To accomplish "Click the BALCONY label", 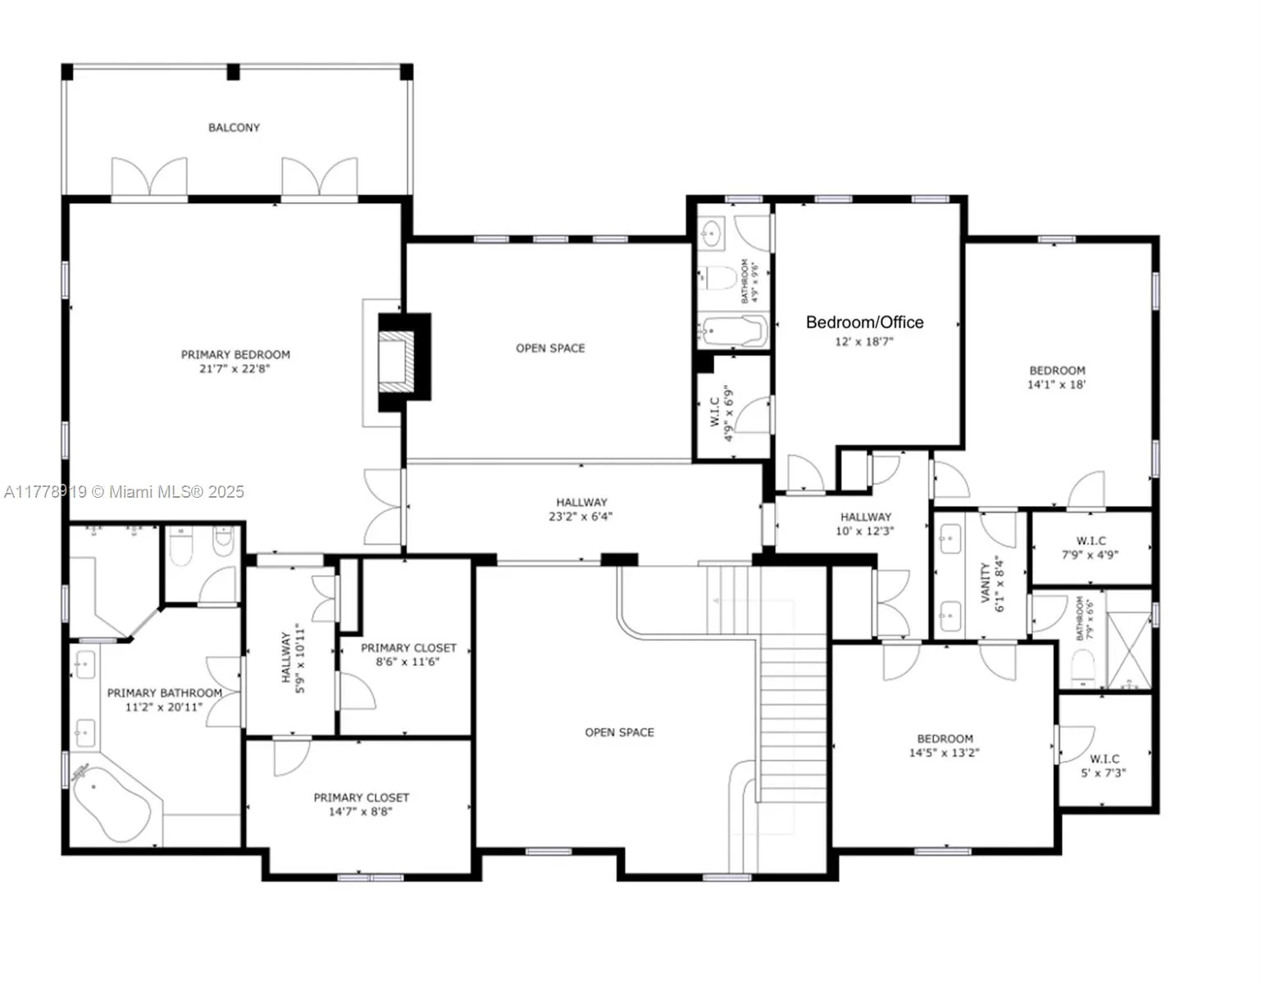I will click(234, 128).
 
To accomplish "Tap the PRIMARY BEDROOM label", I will click(235, 354).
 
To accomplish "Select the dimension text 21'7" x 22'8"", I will click(235, 369).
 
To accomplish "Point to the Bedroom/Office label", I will click(864, 322).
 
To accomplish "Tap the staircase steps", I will click(791, 713).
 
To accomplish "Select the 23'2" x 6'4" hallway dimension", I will click(580, 517).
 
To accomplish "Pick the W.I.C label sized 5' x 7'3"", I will click(1104, 759).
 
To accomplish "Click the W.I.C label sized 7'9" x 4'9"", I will click(1090, 541).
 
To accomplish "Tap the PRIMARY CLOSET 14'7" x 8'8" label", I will click(361, 797).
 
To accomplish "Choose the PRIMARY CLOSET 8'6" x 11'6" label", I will click(408, 648).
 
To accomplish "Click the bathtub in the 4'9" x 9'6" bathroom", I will click(733, 332).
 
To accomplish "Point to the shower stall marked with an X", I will click(1129, 649).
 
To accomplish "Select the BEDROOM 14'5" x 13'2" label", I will click(945, 739).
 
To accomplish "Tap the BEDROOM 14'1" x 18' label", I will click(1057, 371).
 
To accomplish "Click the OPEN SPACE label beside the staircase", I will click(619, 732).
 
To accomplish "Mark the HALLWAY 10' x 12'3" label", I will click(865, 517).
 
